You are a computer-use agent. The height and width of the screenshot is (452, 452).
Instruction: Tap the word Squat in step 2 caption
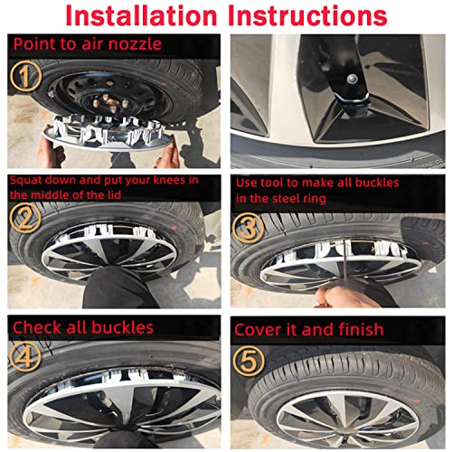(x=28, y=180)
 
